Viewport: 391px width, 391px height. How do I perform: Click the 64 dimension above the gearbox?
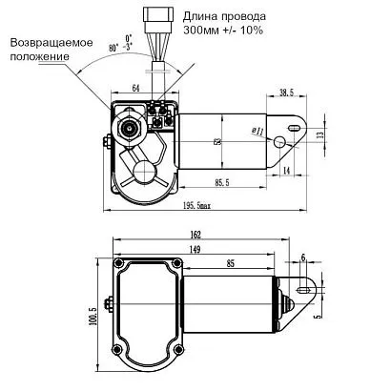click(x=135, y=88)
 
